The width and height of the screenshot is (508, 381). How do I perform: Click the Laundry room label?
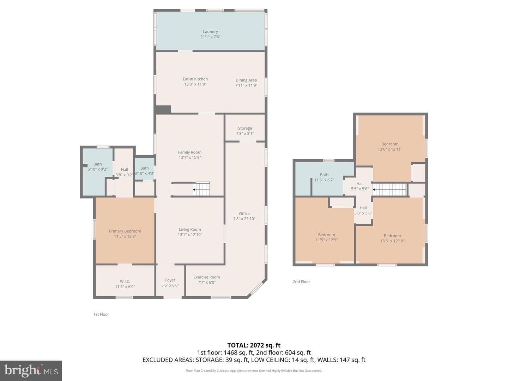coord(210,32)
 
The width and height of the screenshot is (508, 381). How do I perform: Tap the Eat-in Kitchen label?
coord(195,79)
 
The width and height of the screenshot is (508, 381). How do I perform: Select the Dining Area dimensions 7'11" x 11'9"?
coord(246,85)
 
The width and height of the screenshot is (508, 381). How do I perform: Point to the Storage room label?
coord(245,128)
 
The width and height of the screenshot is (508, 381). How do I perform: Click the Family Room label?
coord(189,152)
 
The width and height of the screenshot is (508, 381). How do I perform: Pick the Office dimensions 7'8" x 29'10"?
coord(244,219)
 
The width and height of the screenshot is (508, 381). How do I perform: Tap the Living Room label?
coord(189,229)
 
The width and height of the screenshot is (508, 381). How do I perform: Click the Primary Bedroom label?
coord(125,231)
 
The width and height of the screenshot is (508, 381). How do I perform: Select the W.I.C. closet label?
coord(125,282)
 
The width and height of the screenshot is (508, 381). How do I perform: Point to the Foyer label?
coord(170,280)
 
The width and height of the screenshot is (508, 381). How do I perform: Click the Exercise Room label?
coord(206,277)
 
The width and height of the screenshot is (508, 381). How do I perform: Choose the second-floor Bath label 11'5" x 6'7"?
coord(324,177)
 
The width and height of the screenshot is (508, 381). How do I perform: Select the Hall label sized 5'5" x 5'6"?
coord(359,186)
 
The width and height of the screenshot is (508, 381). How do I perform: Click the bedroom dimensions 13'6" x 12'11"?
coord(390,150)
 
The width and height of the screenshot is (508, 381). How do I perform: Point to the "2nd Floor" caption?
coord(301,282)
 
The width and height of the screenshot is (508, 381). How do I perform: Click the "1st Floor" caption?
coord(101,314)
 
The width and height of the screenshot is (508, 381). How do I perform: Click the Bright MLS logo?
coord(31,370)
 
